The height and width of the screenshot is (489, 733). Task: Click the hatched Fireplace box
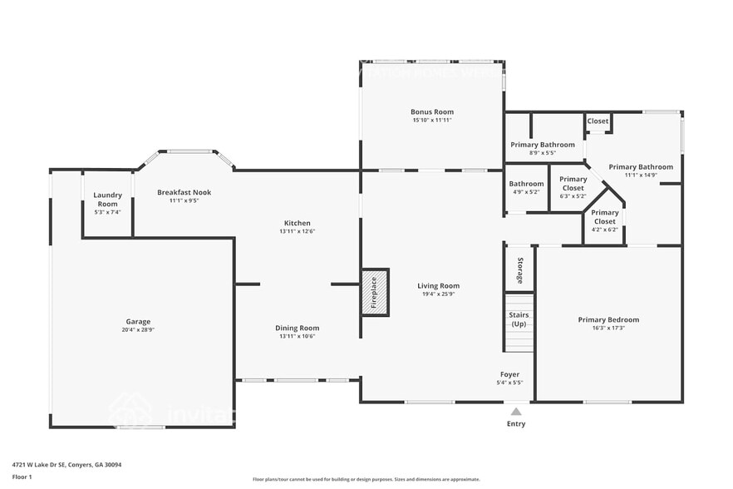coord(374,293)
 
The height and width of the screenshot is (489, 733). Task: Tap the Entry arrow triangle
coord(516,411)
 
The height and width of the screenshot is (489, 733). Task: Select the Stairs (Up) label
coord(519,319)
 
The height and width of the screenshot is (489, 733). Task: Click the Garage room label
coord(138,322)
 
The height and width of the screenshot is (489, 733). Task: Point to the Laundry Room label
coord(108,200)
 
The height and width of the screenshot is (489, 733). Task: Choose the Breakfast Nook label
coord(184,192)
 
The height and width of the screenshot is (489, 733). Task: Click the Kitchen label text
coord(298,223)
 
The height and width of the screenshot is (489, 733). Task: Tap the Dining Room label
coord(298,328)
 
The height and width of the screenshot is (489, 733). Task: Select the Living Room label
coord(438,286)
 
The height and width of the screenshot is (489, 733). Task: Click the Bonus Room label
coord(432,111)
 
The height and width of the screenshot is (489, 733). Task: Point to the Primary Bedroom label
coord(608,319)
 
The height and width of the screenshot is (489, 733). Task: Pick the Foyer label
coord(509,374)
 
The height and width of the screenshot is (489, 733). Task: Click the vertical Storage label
coord(520,269)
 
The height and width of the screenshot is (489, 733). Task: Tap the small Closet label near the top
coord(598,121)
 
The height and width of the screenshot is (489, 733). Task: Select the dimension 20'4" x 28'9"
coord(138,330)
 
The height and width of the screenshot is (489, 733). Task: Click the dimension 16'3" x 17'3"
coord(608,328)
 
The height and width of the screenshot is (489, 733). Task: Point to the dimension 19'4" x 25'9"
coord(438,294)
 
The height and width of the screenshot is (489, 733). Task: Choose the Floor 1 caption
coord(22,477)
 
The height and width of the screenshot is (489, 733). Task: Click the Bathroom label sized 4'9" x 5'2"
coord(526,184)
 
